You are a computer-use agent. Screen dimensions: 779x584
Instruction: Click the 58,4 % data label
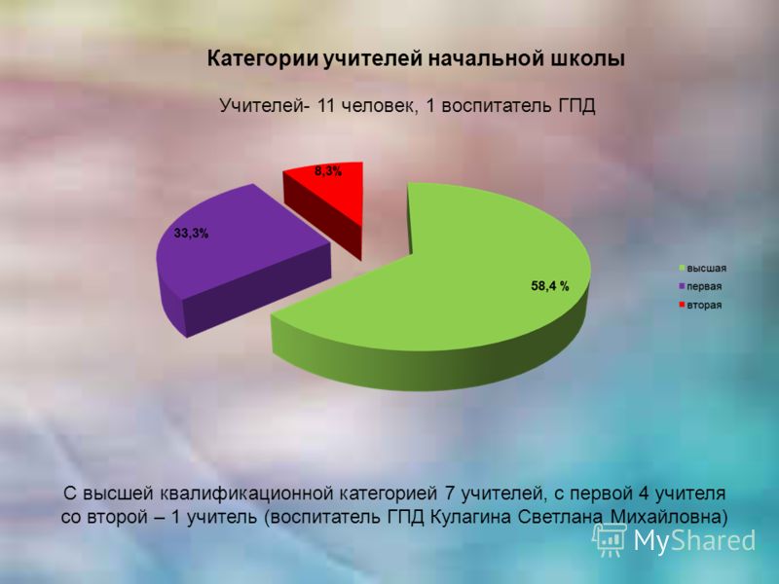pyautogui.click(x=550, y=286)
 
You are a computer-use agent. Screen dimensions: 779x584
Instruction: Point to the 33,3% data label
pyautogui.click(x=191, y=233)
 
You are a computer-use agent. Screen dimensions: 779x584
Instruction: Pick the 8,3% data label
pyautogui.click(x=328, y=172)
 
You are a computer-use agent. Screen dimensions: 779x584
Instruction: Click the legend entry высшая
pyautogui.click(x=702, y=269)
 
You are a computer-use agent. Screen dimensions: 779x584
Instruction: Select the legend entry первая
pyautogui.click(x=700, y=286)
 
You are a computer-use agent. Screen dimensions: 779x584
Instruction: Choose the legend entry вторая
pyautogui.click(x=700, y=305)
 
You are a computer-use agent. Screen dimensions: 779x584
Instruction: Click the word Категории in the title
pyautogui.click(x=262, y=59)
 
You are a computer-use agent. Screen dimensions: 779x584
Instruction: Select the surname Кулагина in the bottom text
pyautogui.click(x=470, y=517)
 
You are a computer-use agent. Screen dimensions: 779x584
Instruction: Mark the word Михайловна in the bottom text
pyautogui.click(x=666, y=517)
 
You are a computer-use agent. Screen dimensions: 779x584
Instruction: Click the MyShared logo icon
pyautogui.click(x=609, y=539)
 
